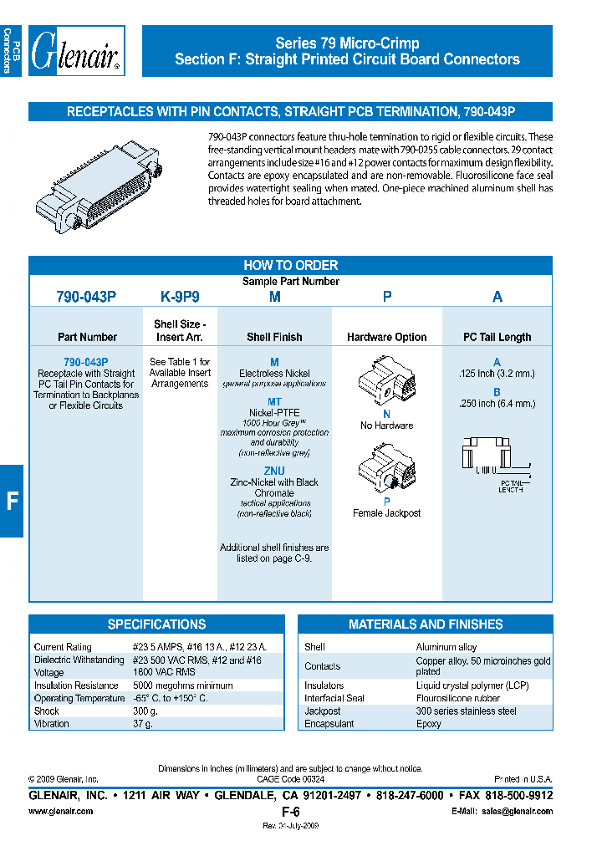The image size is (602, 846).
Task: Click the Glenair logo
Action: [77, 52]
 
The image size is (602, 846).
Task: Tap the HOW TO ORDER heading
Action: [290, 265]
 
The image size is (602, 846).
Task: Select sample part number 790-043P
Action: [86, 297]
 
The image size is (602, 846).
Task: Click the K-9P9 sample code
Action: [180, 297]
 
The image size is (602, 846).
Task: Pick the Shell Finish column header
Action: [274, 337]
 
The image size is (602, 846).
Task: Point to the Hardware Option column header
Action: [386, 337]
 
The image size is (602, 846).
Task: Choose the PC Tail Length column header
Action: [497, 337]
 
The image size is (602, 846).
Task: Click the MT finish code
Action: [274, 402]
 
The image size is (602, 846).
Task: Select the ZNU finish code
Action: [274, 471]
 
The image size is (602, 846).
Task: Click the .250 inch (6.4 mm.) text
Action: [497, 404]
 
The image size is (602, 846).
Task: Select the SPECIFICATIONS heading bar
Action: [156, 624]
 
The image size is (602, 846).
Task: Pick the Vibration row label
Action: [53, 724]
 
